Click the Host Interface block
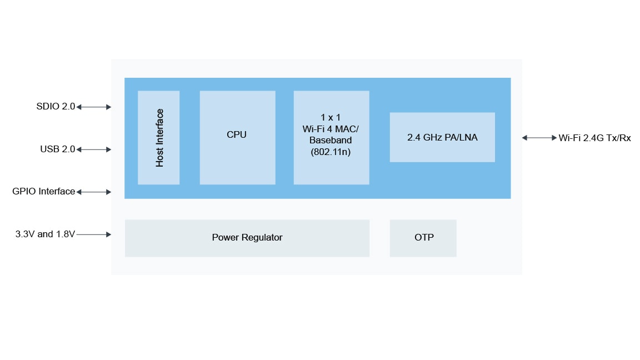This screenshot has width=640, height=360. [x=159, y=137]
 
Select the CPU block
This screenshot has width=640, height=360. [x=237, y=134]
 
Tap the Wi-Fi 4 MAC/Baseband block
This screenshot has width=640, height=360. [x=331, y=137]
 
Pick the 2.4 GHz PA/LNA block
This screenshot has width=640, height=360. [x=442, y=137]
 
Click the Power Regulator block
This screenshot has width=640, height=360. [x=247, y=238]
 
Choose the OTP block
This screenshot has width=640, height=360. [x=423, y=238]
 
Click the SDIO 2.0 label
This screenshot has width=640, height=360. [x=56, y=107]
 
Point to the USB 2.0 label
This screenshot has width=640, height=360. [x=57, y=149]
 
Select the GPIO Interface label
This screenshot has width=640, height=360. [x=43, y=192]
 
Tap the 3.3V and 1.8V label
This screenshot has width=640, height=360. [x=45, y=234]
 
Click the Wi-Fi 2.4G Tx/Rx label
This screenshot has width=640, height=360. [x=594, y=138]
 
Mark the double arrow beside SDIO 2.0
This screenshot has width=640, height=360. [x=93, y=107]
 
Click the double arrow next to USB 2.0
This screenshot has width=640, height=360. [x=93, y=149]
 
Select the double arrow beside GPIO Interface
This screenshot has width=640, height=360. [x=93, y=192]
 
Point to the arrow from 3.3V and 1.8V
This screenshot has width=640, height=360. [x=93, y=234]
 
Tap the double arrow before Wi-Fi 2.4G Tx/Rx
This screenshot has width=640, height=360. [x=539, y=138]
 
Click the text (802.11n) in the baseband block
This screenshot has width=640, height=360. [x=331, y=151]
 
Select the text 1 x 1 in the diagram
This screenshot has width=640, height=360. [x=331, y=118]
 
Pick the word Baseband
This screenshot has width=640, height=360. [x=331, y=140]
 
